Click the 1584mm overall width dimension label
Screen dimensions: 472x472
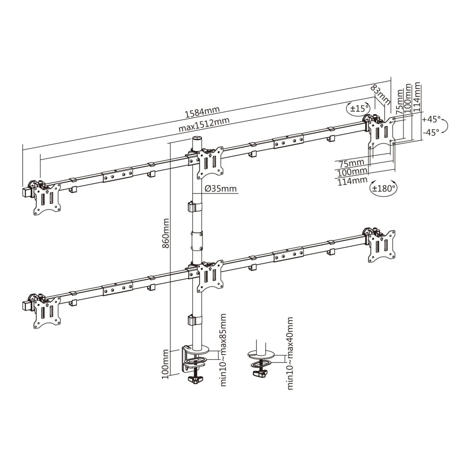click(x=202, y=112)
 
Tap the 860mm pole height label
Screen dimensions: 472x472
click(x=165, y=233)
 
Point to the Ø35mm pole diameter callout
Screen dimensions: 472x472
click(x=220, y=189)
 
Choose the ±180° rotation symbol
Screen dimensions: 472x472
click(x=383, y=188)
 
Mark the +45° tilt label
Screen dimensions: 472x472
click(x=431, y=119)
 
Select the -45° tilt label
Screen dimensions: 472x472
click(x=431, y=132)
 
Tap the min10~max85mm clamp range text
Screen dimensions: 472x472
click(x=223, y=350)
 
